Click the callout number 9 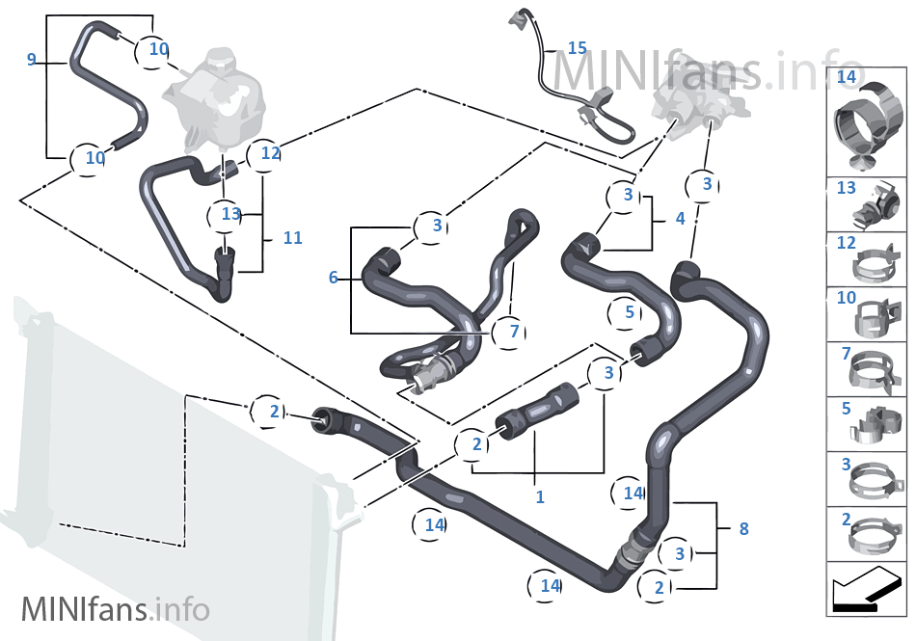tap(32, 60)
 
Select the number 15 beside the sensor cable tap(577, 47)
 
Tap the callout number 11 tap(292, 237)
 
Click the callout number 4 tap(680, 219)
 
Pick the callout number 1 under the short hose tap(540, 497)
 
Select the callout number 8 tap(742, 528)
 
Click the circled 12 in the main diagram tap(270, 153)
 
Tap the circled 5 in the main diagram tap(629, 312)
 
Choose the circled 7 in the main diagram tap(514, 332)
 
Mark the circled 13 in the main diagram tap(229, 214)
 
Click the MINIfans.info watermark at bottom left tap(115, 609)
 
